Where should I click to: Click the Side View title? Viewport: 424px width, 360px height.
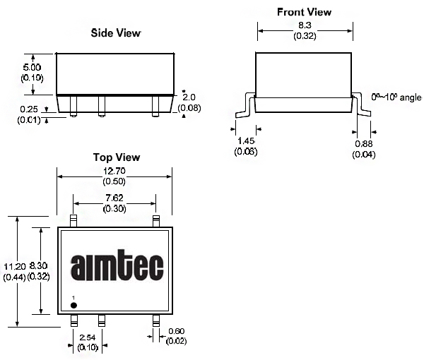[116, 33]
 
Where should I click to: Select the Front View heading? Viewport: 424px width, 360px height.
[304, 12]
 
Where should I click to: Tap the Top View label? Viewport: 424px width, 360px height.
[117, 157]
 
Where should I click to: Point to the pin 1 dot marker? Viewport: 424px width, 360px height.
[73, 305]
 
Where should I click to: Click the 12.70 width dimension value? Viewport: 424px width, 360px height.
[114, 171]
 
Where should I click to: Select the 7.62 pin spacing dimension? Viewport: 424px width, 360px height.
[114, 198]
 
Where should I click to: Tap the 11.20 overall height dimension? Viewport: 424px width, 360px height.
[15, 267]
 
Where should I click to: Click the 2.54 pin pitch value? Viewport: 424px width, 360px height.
[88, 337]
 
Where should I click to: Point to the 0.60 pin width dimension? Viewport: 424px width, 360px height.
[176, 331]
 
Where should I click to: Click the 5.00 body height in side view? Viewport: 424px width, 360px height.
[32, 67]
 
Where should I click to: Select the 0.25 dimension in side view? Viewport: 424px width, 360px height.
[29, 109]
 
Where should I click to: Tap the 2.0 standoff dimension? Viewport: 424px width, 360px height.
[189, 97]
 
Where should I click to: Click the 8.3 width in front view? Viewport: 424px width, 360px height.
[305, 25]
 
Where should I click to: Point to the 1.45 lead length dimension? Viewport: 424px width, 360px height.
[246, 140]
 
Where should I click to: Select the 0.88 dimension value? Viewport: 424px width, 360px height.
[364, 144]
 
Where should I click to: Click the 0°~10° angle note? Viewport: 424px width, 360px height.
[396, 97]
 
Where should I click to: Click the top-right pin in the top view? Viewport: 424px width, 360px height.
[156, 221]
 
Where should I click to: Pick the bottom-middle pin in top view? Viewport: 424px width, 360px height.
[101, 320]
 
